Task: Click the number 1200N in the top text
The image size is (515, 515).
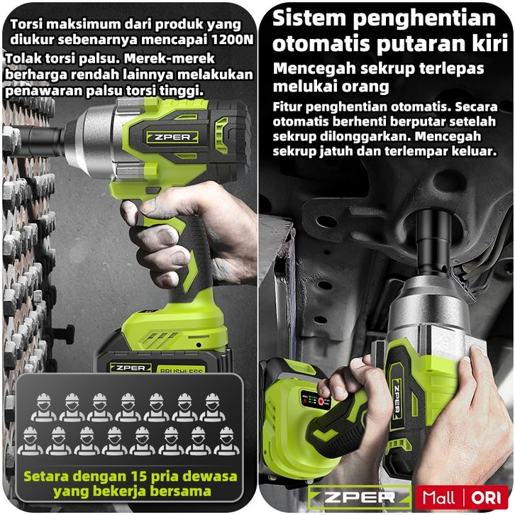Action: click(x=233, y=40)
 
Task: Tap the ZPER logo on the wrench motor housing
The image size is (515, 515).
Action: click(x=172, y=138)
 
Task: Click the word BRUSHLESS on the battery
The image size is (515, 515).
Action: click(x=182, y=371)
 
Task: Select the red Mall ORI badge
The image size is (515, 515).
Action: click(x=462, y=497)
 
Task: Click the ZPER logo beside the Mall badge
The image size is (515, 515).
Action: click(x=360, y=497)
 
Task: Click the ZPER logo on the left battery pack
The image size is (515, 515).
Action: click(x=131, y=368)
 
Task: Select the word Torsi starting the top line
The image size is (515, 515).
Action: click(x=28, y=24)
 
